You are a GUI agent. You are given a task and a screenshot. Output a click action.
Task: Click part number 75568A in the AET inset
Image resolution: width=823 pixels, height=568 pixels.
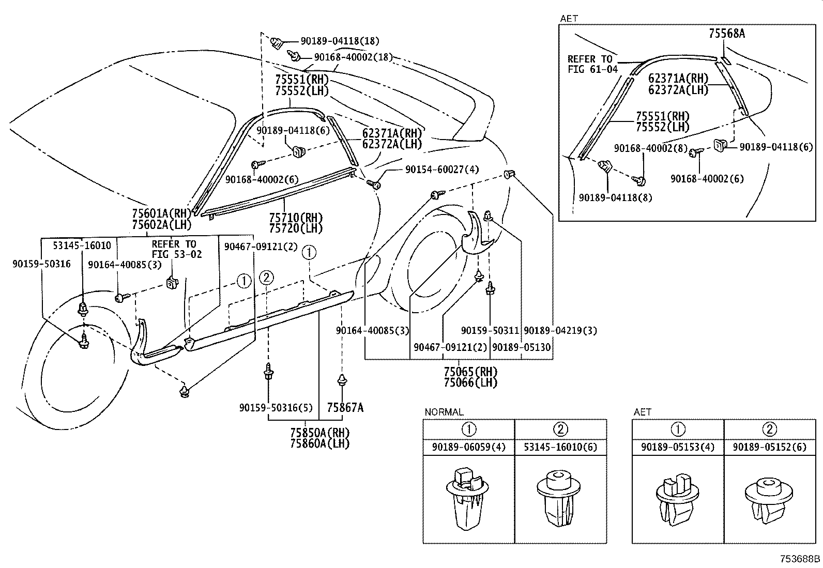tap(726, 34)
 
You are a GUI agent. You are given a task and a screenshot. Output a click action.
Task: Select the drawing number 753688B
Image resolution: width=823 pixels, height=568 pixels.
tap(800, 559)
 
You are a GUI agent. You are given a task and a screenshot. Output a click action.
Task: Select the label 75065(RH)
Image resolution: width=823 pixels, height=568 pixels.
tap(470, 372)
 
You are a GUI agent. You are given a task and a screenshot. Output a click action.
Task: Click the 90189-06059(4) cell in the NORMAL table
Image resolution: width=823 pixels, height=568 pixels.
tap(469, 447)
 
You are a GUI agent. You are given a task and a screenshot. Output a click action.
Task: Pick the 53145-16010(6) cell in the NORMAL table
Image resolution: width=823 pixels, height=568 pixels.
tap(560, 447)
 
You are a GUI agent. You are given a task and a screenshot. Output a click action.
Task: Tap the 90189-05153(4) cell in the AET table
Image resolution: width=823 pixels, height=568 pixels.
tap(678, 447)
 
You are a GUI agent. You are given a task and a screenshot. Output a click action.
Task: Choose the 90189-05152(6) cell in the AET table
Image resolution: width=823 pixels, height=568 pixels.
tap(769, 447)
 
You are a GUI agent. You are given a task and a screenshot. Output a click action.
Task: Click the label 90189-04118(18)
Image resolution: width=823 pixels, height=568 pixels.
tap(340, 41)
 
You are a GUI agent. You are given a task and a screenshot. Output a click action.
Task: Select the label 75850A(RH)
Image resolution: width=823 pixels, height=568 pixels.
tap(319, 433)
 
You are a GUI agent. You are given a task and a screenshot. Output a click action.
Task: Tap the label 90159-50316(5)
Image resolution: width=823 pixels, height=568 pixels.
tap(276, 408)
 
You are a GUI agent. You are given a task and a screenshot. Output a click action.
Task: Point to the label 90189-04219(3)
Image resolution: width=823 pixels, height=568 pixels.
tap(560, 330)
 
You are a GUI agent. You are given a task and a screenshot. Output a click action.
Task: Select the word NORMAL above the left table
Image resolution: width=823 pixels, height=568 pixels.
tap(444, 412)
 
